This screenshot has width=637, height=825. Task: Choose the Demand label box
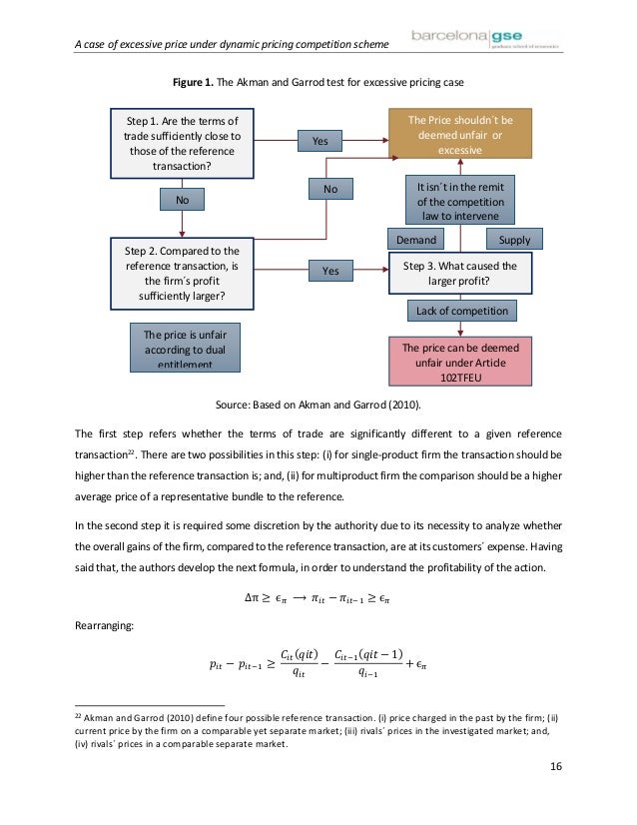[416, 240]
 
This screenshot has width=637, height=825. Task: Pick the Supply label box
[514, 240]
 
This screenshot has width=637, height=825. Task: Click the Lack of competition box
[459, 312]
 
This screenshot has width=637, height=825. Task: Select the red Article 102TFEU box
[460, 359]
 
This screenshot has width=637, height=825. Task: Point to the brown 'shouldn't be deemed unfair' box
[460, 135]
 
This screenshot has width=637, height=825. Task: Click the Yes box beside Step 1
[319, 142]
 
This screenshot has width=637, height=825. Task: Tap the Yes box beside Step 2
[330, 271]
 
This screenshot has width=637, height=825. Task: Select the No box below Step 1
[182, 201]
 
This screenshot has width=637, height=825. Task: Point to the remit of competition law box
[459, 201]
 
